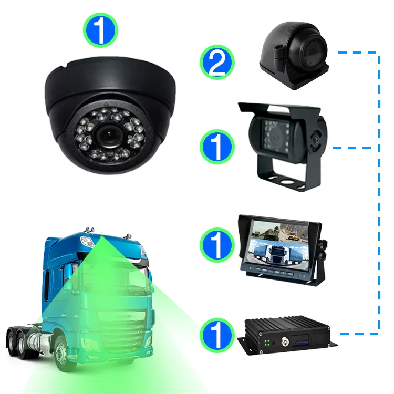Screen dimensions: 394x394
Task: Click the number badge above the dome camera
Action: pyautogui.click(x=100, y=30)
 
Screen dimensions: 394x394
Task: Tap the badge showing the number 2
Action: pyautogui.click(x=217, y=62)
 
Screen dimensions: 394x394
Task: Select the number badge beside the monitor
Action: pyautogui.click(x=217, y=245)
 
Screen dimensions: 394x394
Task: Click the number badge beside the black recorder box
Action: pyautogui.click(x=217, y=335)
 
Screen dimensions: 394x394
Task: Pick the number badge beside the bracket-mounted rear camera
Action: pyautogui.click(x=217, y=147)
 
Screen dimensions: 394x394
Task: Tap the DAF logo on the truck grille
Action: pyautogui.click(x=124, y=316)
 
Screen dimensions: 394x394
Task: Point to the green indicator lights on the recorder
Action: pyautogui.click(x=267, y=343)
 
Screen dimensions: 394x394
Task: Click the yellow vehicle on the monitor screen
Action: pyautogui.click(x=292, y=236)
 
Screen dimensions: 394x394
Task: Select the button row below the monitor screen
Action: pyautogui.click(x=274, y=272)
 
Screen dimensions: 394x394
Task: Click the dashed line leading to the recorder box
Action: pyautogui.click(x=359, y=334)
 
